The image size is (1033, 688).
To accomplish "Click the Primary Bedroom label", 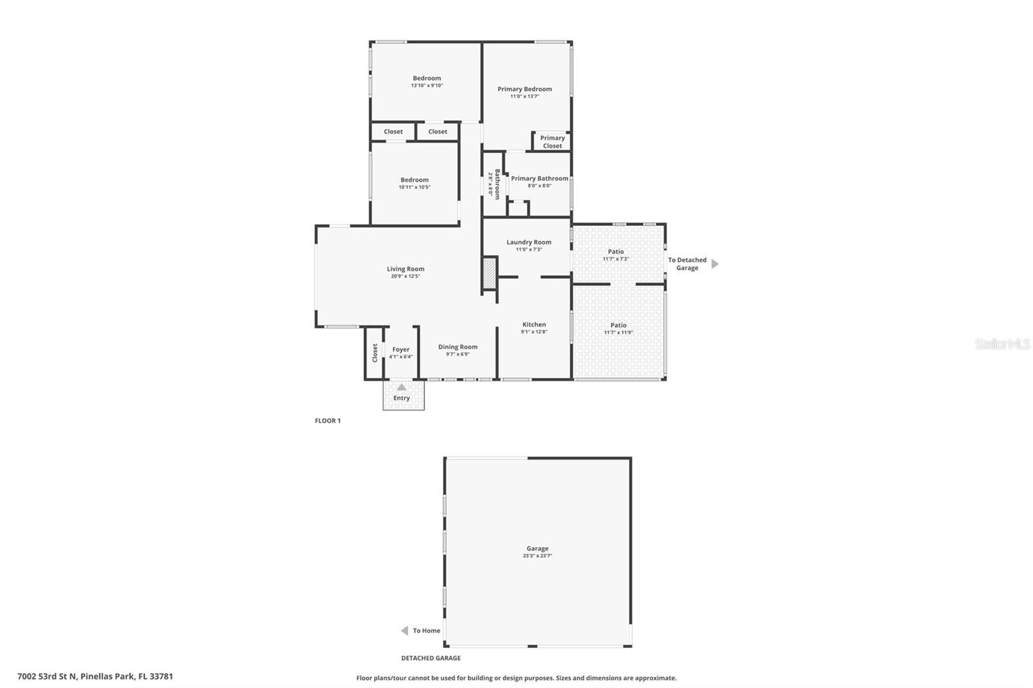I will (524, 89).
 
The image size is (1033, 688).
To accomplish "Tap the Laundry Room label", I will (529, 242).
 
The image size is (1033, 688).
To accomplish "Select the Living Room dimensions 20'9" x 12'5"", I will (405, 276).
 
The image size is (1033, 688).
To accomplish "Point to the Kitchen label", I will (534, 325).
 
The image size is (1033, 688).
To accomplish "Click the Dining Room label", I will (458, 347).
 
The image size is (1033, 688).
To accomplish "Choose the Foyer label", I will (401, 349).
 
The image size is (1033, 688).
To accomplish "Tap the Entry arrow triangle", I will (402, 387).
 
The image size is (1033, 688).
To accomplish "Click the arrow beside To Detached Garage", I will (715, 264).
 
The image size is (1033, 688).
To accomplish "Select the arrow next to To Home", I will (405, 631).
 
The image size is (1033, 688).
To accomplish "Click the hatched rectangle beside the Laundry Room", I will (489, 273).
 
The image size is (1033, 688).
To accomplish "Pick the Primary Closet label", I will (552, 141).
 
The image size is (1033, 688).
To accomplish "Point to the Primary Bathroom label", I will (540, 178).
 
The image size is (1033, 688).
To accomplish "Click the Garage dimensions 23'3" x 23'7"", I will (537, 556).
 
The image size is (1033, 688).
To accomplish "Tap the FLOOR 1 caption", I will (327, 421).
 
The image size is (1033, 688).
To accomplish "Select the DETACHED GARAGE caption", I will (431, 658).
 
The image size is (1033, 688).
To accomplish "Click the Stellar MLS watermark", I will (1002, 344).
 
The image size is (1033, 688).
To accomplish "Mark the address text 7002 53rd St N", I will (47, 676).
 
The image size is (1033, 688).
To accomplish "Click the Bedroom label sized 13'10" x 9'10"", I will (427, 78).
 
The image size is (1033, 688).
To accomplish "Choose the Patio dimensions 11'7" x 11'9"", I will (618, 333).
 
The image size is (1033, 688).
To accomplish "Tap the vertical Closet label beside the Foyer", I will (374, 352).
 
